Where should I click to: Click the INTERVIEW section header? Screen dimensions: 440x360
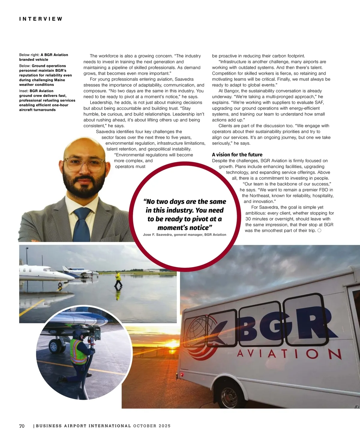(41, 19)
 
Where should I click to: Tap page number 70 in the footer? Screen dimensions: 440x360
(22, 426)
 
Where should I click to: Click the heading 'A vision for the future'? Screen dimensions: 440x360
(237, 155)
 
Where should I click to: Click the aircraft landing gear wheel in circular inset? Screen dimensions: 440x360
(54, 347)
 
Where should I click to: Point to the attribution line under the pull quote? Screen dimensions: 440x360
(184, 235)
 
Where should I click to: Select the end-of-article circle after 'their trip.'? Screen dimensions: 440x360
(319, 231)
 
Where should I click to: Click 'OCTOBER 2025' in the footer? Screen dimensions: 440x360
(152, 426)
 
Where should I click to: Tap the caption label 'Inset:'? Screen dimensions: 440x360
(24, 91)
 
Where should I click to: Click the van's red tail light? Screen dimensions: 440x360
(181, 375)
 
